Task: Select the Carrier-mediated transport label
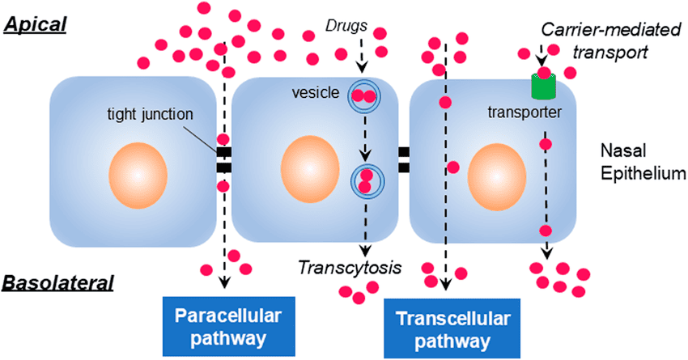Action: point(600,41)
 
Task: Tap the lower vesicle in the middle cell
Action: point(365,180)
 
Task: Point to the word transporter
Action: point(526,112)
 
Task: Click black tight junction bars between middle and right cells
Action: point(403,159)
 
